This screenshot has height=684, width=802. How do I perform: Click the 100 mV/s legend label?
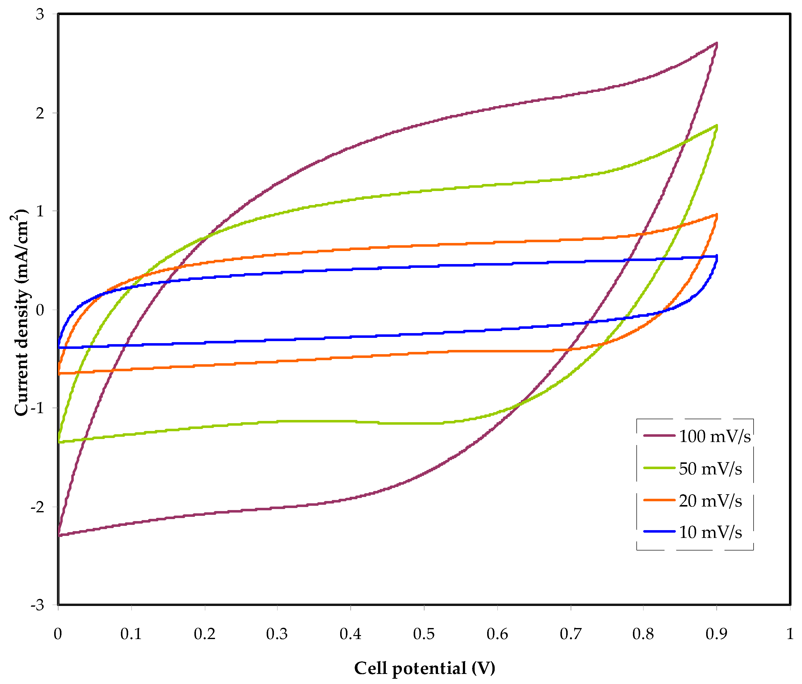pyautogui.click(x=714, y=437)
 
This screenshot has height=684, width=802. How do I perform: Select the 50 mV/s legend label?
pyautogui.click(x=710, y=469)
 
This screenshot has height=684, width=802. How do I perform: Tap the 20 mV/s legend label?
pyautogui.click(x=710, y=501)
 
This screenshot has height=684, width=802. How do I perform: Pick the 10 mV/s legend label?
pyautogui.click(x=710, y=533)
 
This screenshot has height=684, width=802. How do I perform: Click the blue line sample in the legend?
pyautogui.click(x=659, y=532)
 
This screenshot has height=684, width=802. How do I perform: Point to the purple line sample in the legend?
pyautogui.click(x=659, y=436)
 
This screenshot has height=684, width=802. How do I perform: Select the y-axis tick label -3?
pyautogui.click(x=38, y=605)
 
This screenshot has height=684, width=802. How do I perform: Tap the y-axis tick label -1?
pyautogui.click(x=38, y=408)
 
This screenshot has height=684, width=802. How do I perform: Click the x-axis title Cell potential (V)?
pyautogui.click(x=425, y=668)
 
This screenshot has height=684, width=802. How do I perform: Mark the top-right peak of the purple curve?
pyautogui.click(x=716, y=43)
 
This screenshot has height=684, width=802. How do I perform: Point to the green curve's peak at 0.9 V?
pyautogui.click(x=716, y=126)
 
